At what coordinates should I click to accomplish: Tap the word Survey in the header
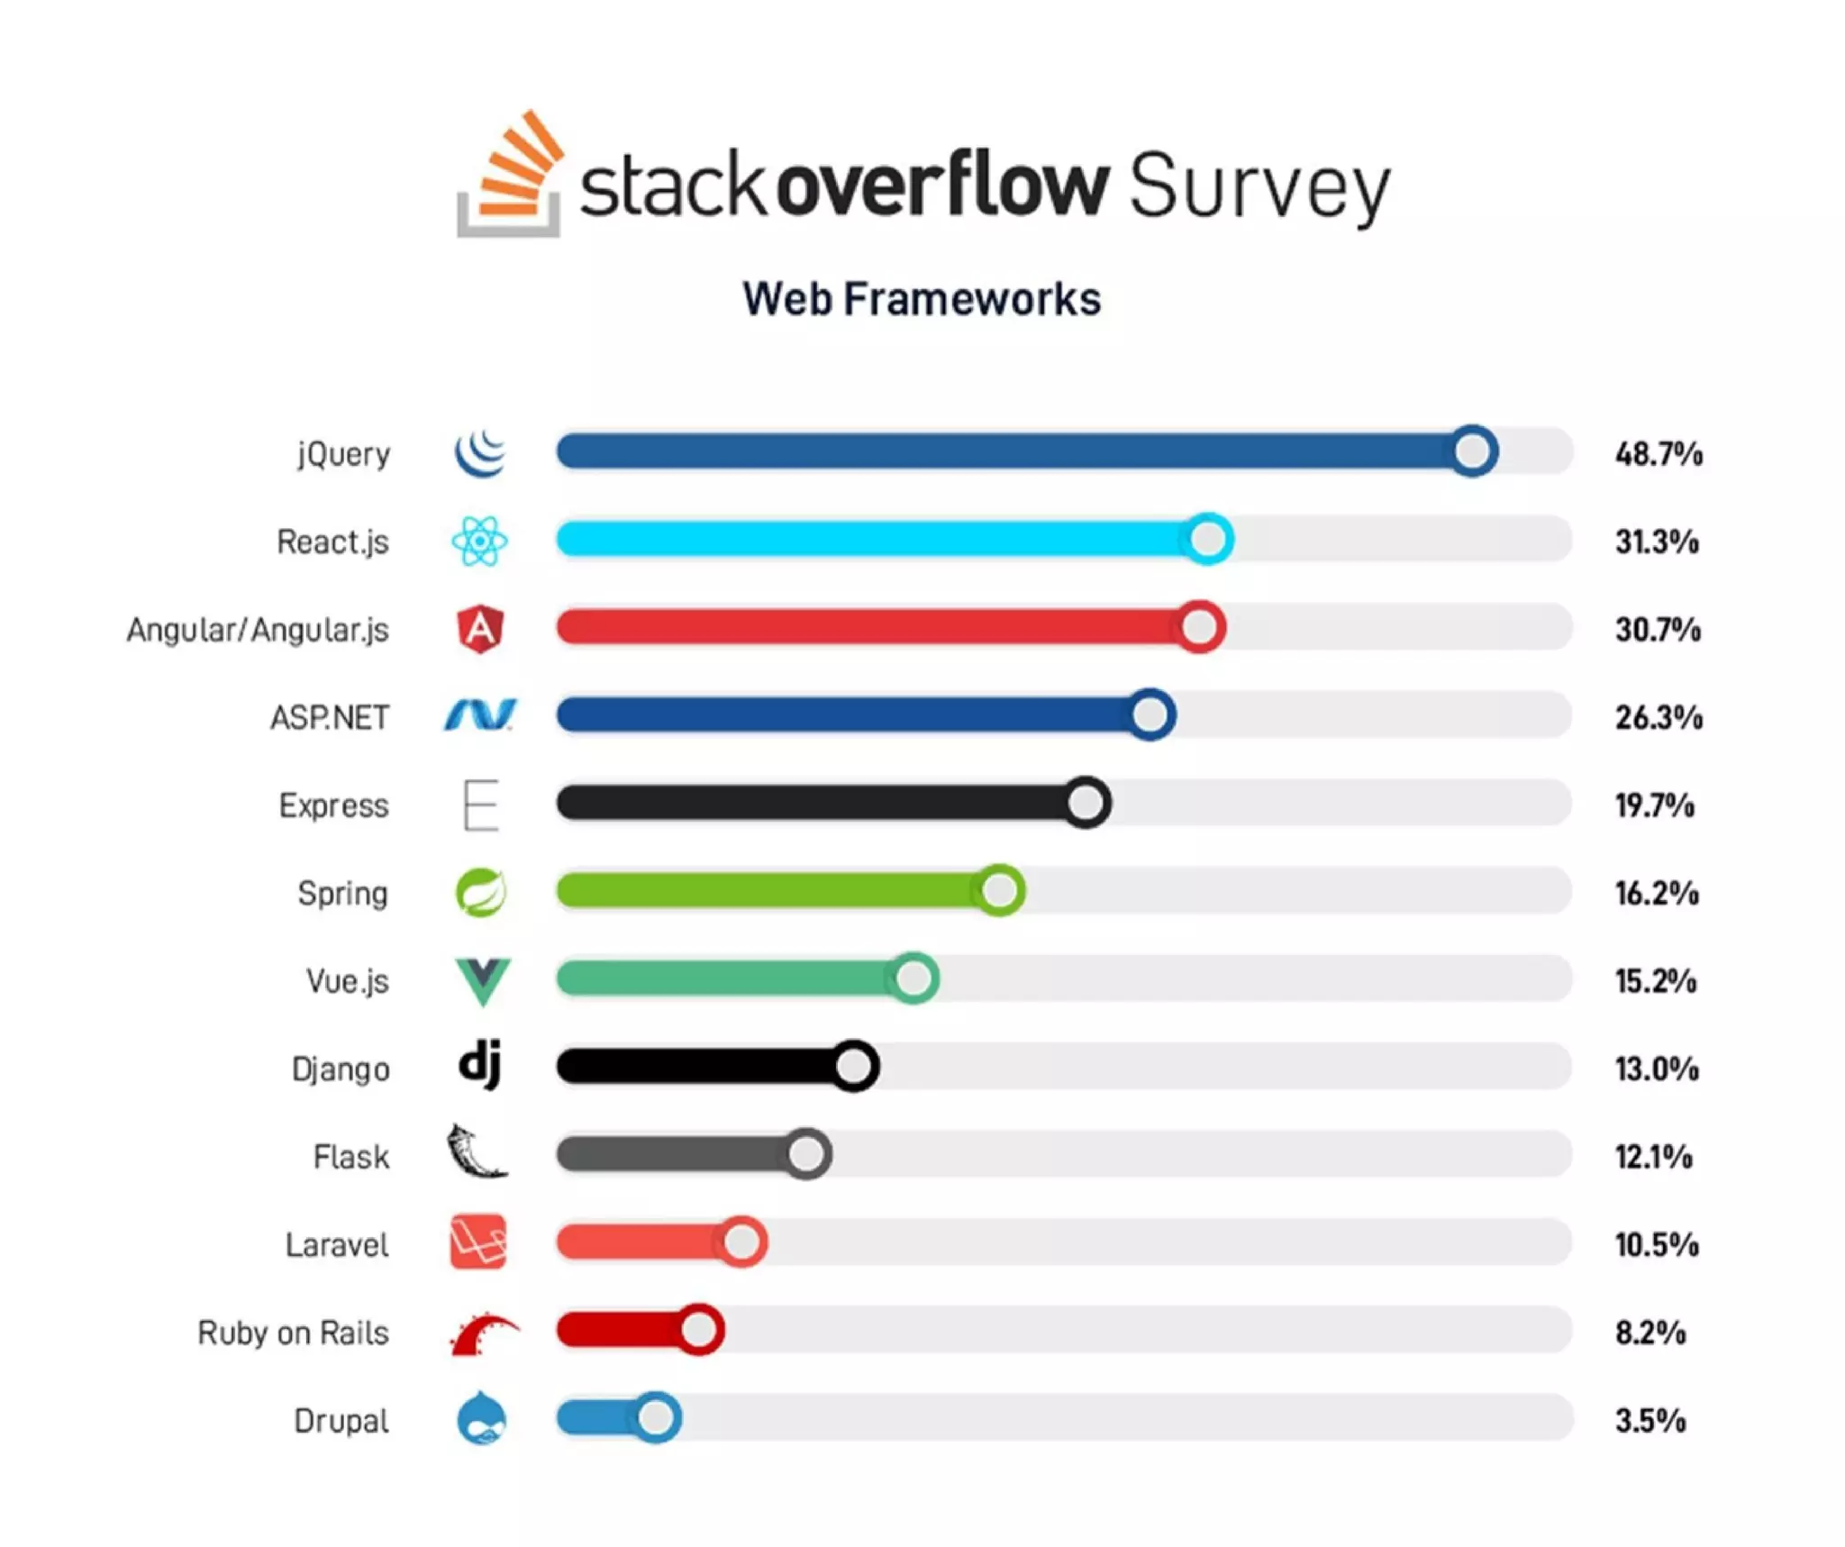[x=1259, y=187]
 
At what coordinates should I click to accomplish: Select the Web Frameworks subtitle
[x=921, y=299]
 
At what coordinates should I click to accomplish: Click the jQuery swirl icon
[x=480, y=452]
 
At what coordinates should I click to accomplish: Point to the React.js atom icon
[x=479, y=541]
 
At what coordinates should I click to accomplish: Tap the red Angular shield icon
[x=480, y=628]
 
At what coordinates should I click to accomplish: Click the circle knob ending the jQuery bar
[x=1473, y=450]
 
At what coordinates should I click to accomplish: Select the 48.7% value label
[x=1658, y=453]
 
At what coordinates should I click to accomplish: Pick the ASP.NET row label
[x=330, y=717]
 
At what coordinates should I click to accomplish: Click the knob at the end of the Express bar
[x=1086, y=802]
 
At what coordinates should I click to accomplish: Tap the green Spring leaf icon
[x=480, y=892]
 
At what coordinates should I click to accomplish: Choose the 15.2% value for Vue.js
[x=1655, y=980]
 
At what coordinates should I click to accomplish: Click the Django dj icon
[x=480, y=1065]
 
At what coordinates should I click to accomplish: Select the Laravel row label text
[x=337, y=1244]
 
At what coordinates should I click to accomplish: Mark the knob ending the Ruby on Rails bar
[x=699, y=1329]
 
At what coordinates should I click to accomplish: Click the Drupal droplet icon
[x=481, y=1418]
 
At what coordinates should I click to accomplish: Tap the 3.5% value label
[x=1650, y=1420]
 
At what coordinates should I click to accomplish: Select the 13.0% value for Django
[x=1656, y=1069]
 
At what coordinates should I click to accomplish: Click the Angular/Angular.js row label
[x=258, y=630]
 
